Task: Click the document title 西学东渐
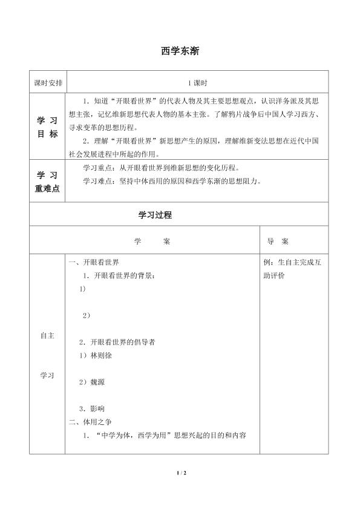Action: coord(180,52)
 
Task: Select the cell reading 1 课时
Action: coord(198,82)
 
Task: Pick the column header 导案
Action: coord(277,241)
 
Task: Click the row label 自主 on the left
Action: coord(48,336)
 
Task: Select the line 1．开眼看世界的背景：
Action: coord(120,275)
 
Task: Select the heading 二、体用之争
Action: coord(90,421)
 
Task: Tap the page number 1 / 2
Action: coord(180,472)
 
